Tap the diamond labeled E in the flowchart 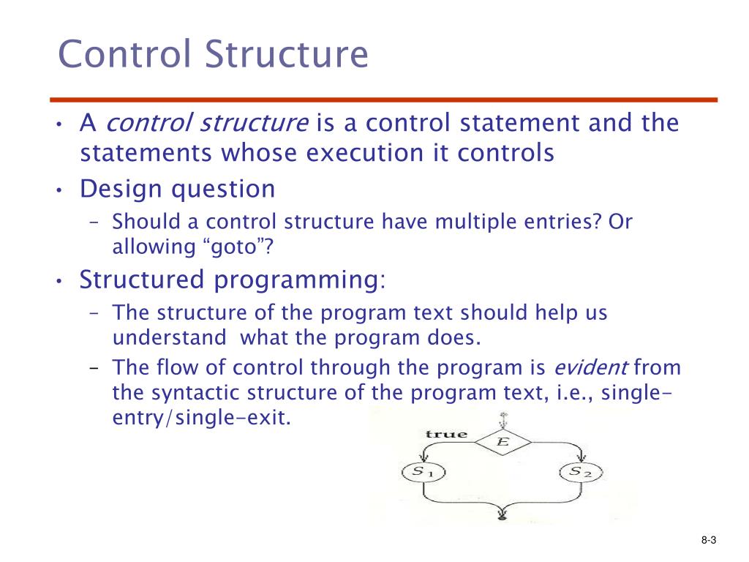(x=503, y=442)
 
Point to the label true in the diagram (x=446, y=434)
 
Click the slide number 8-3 (x=707, y=541)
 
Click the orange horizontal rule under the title (x=388, y=100)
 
